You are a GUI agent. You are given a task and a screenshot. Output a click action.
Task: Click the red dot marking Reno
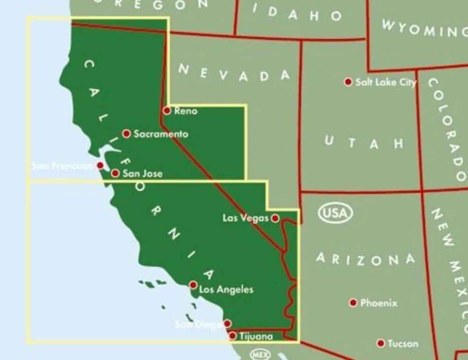pos(167,111)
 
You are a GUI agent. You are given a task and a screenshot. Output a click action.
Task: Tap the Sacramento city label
pos(161,134)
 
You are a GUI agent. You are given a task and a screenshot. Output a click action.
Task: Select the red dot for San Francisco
pos(100,165)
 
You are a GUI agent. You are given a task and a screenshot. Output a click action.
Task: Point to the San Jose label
pos(142,174)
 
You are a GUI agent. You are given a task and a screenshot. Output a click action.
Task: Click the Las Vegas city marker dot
pos(275,218)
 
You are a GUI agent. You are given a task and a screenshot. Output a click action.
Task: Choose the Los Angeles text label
pos(226,290)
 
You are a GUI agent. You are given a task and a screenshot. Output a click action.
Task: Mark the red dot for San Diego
pos(227,323)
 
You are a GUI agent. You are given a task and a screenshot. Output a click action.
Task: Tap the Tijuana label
pos(256,336)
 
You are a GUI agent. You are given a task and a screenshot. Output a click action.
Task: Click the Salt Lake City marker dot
pos(348,82)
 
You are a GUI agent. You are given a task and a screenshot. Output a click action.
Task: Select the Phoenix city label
pos(379,303)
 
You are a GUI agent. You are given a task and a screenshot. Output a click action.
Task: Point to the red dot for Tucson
pos(381,343)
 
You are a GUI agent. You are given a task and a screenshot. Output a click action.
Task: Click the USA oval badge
pos(336,213)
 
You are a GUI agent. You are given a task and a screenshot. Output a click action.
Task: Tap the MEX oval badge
pos(261,354)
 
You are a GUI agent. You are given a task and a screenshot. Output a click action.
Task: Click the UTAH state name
pos(364,142)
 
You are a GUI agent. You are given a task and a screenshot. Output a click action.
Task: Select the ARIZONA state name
pos(366,259)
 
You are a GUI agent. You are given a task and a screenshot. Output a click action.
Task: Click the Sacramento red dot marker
pos(126,134)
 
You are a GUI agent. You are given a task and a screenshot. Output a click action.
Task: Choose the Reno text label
pos(186,111)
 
